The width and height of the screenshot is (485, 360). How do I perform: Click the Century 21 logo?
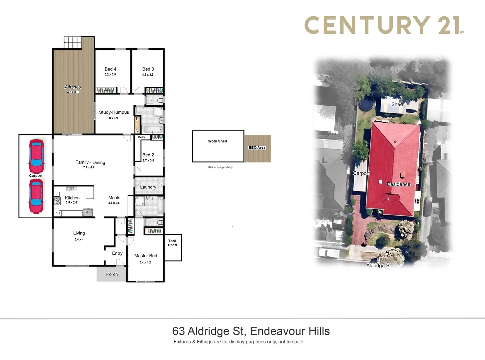384,25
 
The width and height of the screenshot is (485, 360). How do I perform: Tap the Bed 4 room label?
110,69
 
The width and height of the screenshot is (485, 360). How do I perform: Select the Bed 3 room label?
148,69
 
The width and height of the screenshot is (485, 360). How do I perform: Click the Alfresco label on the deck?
73,87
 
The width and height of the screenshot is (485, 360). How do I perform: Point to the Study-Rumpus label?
114,112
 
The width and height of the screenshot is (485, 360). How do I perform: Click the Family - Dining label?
90,162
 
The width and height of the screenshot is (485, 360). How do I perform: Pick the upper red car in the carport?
36,154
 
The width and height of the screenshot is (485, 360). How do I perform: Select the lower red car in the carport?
36,196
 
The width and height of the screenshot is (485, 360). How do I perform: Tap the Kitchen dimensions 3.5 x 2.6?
71,203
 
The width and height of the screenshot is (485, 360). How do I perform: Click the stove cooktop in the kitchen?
57,201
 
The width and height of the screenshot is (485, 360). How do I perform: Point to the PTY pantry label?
58,213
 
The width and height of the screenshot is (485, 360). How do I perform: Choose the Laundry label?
148,187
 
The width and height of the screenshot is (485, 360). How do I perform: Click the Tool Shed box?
173,247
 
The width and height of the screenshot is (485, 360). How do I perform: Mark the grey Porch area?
112,274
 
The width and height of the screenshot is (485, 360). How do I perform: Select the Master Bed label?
146,256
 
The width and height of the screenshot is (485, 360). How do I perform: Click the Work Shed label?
218,141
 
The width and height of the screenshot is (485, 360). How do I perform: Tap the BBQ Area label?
257,148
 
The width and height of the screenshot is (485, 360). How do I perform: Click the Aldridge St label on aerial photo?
378,266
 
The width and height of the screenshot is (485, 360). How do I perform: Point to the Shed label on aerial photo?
397,104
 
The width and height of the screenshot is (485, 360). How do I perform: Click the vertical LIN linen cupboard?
137,125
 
